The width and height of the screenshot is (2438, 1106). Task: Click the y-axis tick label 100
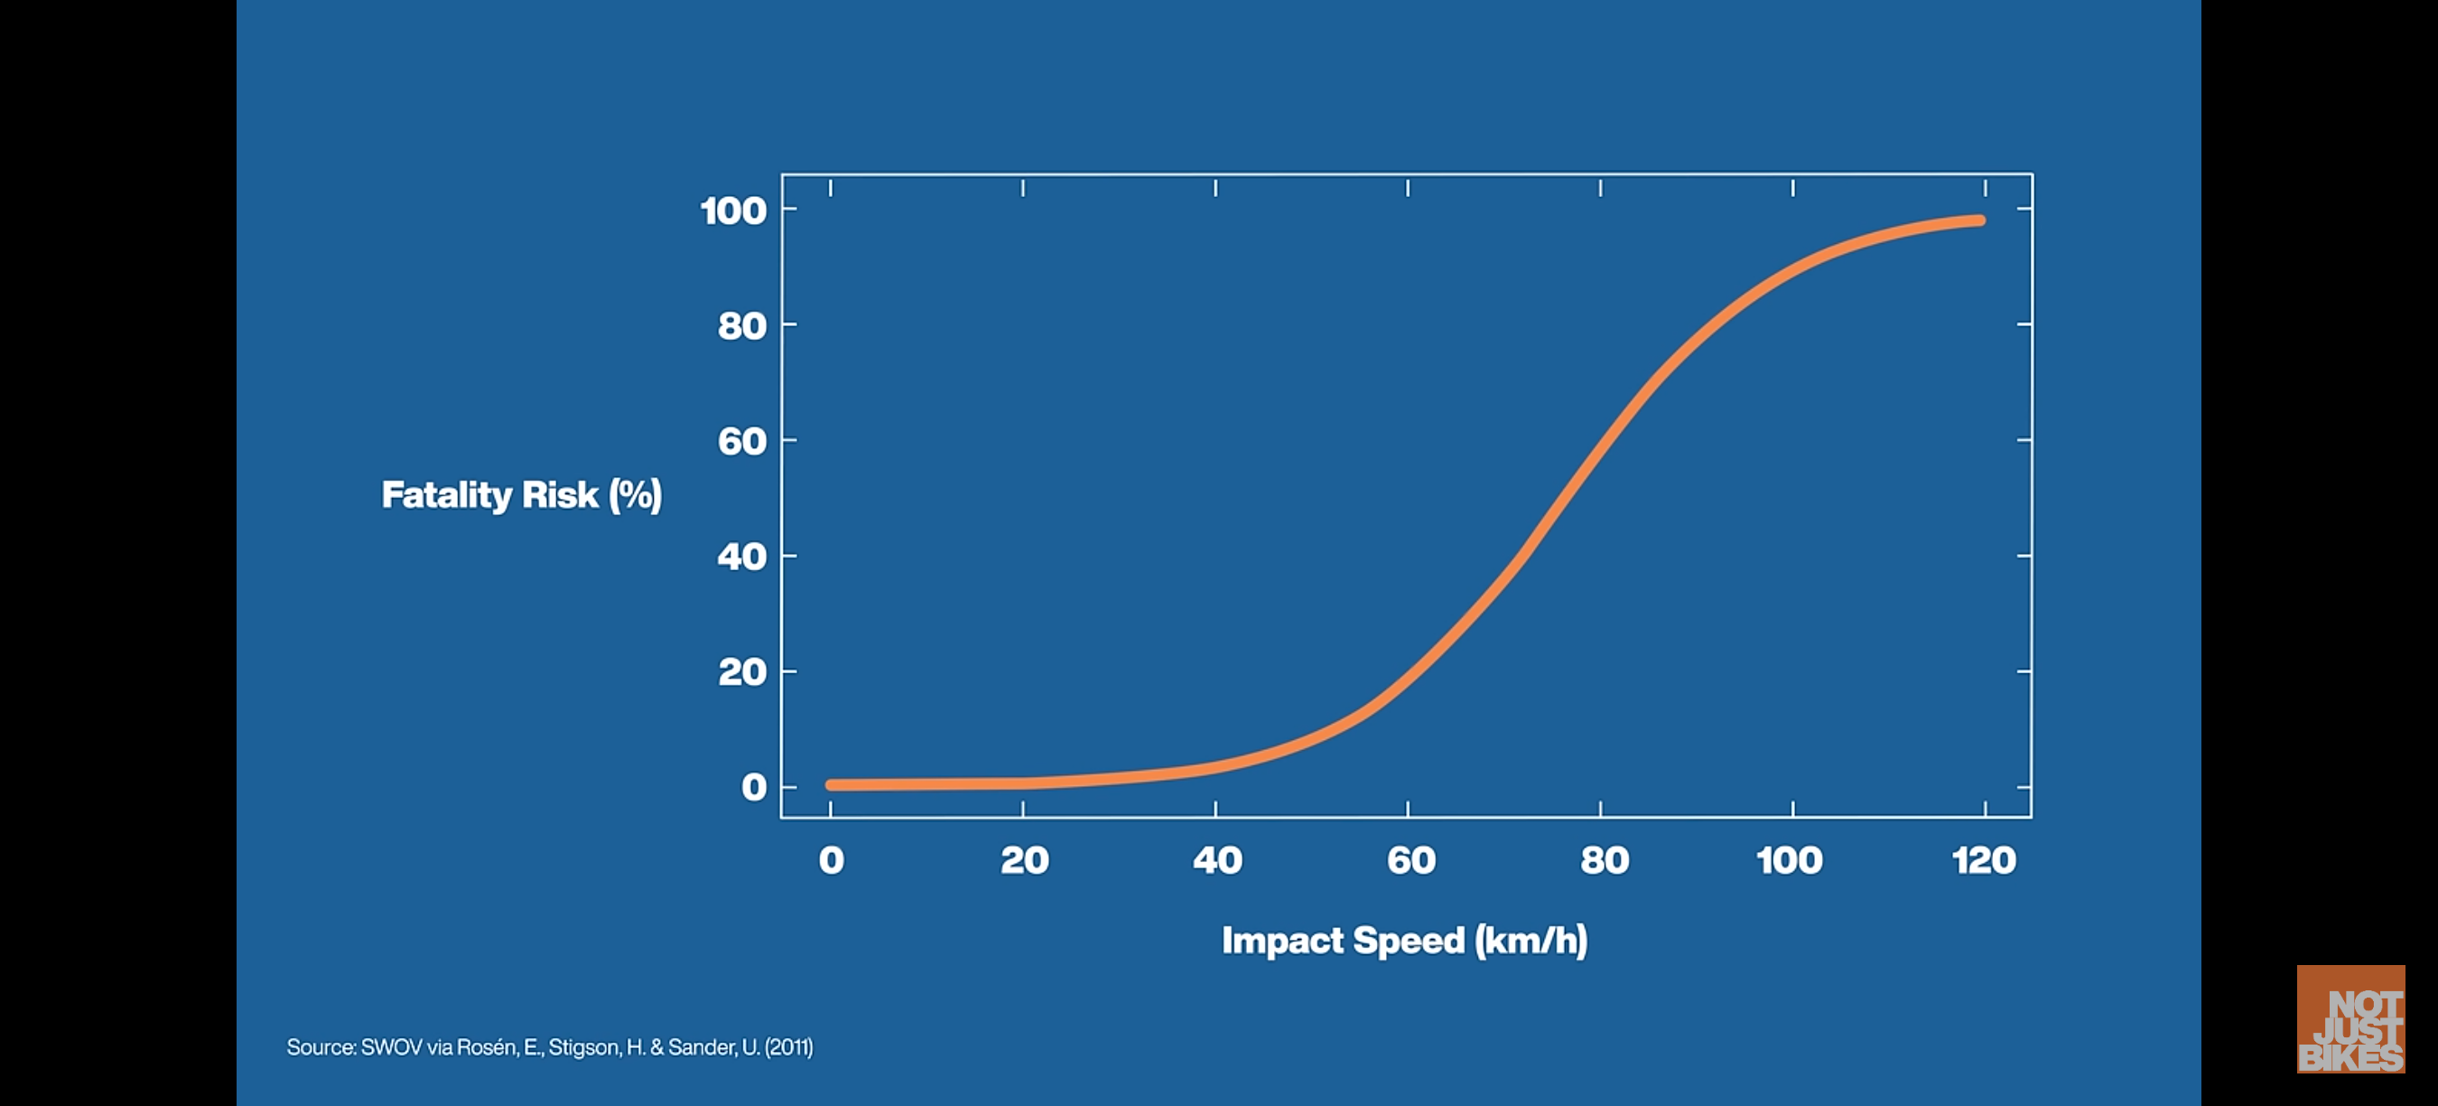[733, 211]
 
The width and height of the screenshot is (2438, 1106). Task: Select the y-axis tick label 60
[742, 441]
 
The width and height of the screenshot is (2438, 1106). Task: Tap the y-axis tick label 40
[742, 557]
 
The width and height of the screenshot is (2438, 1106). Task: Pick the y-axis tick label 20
[742, 672]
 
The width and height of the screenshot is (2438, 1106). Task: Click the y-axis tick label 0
[754, 787]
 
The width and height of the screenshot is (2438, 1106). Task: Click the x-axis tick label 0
[831, 860]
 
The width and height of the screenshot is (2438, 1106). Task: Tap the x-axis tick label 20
[1024, 860]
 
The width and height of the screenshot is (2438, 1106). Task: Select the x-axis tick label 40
[1217, 860]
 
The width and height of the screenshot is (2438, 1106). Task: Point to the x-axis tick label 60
[1410, 860]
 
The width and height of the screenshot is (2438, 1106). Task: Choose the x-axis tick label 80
[1605, 860]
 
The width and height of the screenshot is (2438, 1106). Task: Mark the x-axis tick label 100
[1789, 860]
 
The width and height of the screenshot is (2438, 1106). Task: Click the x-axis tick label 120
[1984, 860]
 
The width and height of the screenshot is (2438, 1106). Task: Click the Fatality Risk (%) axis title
[522, 495]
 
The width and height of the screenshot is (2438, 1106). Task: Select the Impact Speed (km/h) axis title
[1404, 941]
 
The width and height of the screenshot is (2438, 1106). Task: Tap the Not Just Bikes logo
[2351, 1019]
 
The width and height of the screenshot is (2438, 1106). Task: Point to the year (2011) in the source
[788, 1047]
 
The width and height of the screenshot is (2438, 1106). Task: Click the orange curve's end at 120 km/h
[1979, 220]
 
